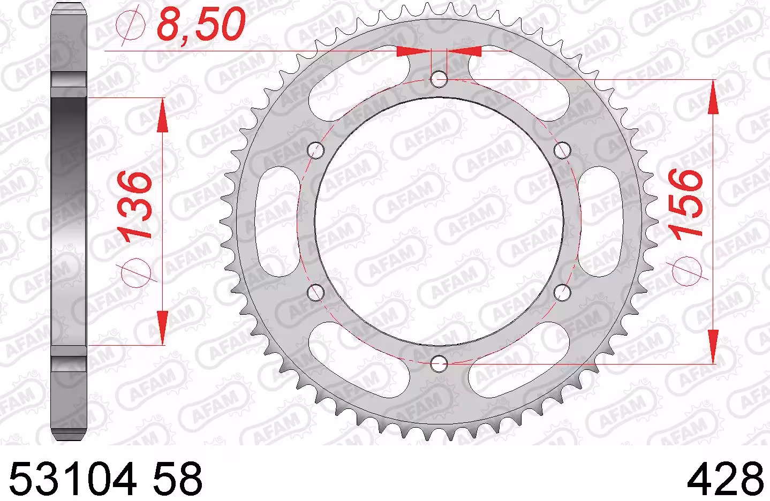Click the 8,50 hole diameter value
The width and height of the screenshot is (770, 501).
[201, 24]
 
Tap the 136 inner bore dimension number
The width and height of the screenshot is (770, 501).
[134, 206]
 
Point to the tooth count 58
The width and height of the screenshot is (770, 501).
[177, 479]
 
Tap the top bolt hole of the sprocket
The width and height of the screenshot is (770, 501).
[439, 79]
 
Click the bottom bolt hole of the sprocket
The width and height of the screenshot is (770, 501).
[439, 363]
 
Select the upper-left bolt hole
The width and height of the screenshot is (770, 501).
[316, 150]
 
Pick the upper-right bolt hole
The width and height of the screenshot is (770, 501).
[562, 150]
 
